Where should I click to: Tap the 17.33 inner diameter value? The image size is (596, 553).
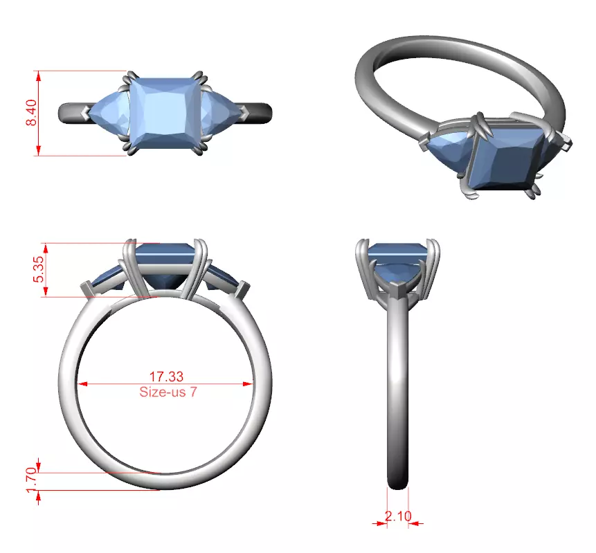pyautogui.click(x=166, y=377)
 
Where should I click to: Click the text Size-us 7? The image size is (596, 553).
pyautogui.click(x=166, y=391)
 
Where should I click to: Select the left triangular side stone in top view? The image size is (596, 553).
pyautogui.click(x=109, y=112)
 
